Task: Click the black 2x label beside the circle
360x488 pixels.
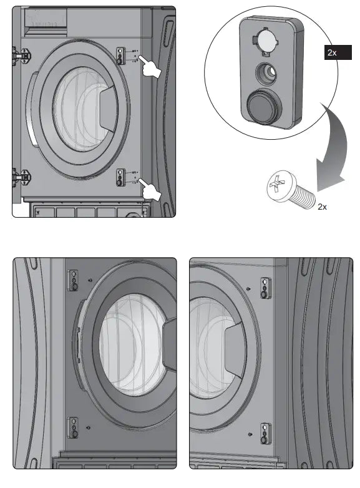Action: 333,53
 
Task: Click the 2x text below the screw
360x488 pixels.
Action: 322,207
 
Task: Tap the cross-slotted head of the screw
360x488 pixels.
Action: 276,186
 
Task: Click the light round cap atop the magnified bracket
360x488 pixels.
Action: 265,42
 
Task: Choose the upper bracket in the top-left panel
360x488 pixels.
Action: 120,55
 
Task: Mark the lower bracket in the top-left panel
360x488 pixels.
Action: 120,177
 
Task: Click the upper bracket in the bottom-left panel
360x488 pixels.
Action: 74,281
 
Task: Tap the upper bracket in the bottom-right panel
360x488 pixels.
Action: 265,288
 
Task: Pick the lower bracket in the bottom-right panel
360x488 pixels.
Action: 265,432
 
